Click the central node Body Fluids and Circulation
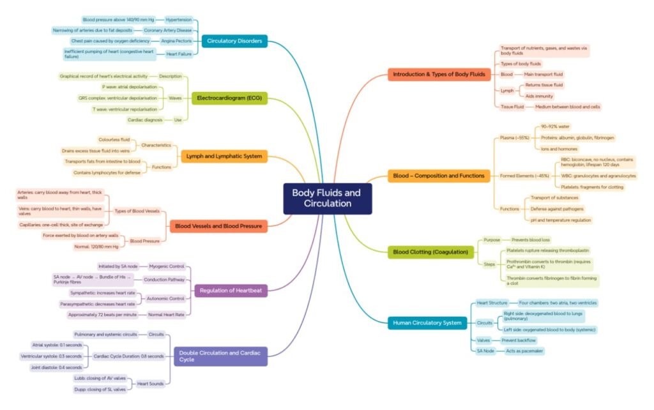[327, 198]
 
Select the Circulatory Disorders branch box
[234, 41]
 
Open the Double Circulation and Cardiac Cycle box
[220, 356]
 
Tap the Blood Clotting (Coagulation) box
[430, 252]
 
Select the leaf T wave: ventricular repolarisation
[125, 109]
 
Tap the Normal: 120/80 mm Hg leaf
[96, 247]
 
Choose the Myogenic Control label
[166, 266]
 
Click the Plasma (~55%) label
[514, 137]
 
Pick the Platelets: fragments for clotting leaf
[591, 186]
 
